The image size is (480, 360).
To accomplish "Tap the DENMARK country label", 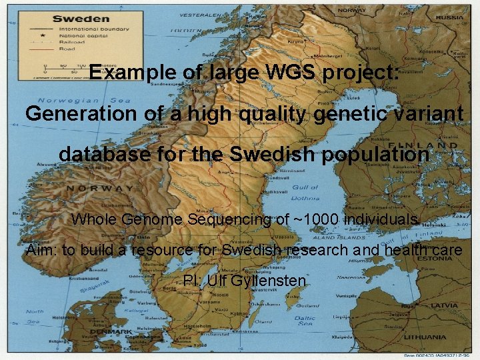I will (x=111, y=331).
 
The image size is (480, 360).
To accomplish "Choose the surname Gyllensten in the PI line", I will (x=266, y=281).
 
